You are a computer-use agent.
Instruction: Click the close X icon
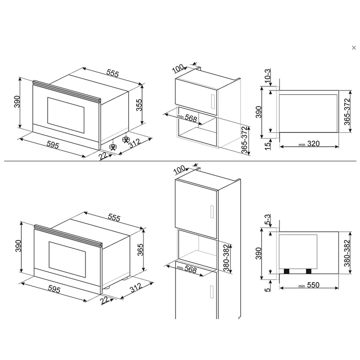click(354, 48)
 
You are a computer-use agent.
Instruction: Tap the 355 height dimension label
click(139, 105)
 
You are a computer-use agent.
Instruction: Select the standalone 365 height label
click(140, 250)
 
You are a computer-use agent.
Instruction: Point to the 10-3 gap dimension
click(267, 76)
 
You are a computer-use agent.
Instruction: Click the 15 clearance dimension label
click(267, 145)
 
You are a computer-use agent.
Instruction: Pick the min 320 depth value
click(309, 144)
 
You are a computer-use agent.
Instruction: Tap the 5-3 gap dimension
click(267, 219)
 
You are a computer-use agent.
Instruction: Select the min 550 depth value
click(309, 285)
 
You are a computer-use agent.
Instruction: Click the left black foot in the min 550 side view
click(286, 271)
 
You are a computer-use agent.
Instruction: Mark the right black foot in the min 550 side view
click(309, 271)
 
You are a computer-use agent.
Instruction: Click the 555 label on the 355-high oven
click(113, 73)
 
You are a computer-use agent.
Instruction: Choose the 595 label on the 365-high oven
click(54, 289)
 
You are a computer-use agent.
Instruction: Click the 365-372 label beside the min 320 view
click(347, 112)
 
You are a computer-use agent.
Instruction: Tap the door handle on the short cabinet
click(212, 101)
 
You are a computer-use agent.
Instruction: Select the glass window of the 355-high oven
click(66, 115)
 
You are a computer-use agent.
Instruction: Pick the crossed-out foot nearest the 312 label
click(126, 139)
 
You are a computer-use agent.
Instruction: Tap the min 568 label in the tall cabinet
click(187, 269)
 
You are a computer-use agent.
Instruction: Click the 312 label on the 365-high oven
click(136, 288)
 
